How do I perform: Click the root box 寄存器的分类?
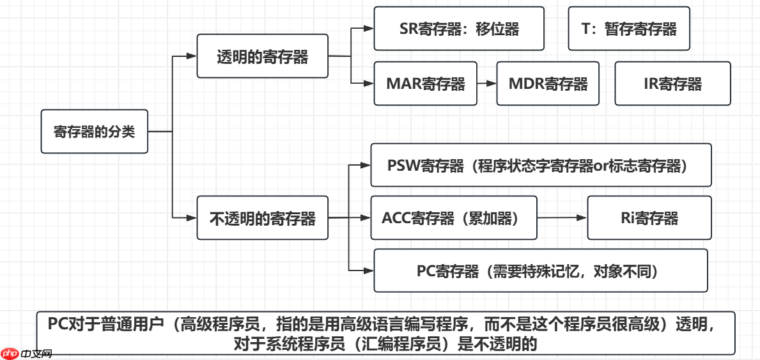coord(94,132)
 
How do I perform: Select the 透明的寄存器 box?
coord(262,57)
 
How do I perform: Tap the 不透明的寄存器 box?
coord(262,218)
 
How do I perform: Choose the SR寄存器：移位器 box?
coord(458,29)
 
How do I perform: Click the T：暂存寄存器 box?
coord(628,29)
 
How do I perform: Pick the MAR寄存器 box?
coord(425,84)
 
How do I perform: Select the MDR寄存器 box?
coord(547,84)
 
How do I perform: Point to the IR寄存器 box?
coord(672,84)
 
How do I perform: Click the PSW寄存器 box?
coord(540,165)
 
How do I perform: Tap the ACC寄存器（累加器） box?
coord(454,218)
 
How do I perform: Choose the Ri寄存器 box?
coord(649,218)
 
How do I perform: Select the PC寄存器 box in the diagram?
coord(540,270)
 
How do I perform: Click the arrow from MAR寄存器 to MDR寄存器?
coord(486,84)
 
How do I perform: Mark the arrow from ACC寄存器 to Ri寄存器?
coord(562,218)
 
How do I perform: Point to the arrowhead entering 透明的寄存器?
coord(191,56)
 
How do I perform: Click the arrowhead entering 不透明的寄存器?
coord(191,218)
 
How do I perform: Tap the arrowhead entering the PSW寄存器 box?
coord(366,165)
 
